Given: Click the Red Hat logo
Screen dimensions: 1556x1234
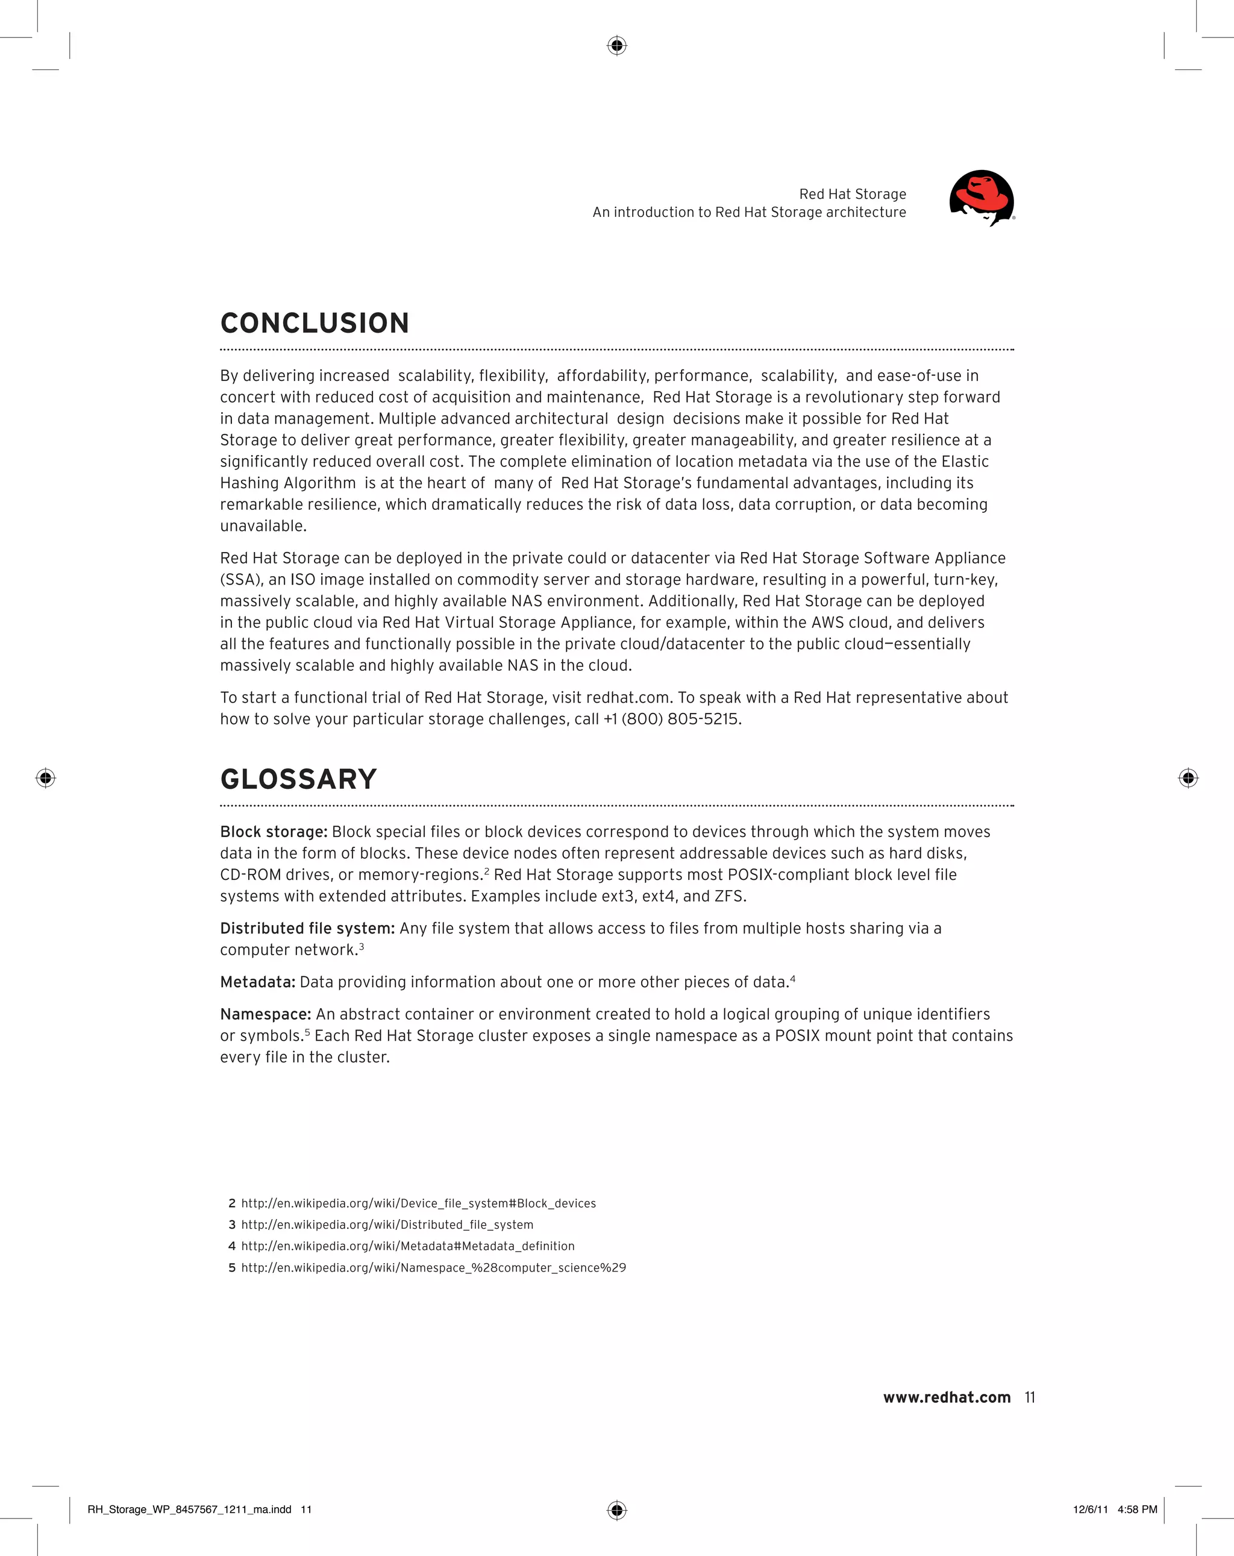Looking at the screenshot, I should [x=982, y=198].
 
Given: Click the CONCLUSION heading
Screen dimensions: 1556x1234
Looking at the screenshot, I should [x=315, y=324].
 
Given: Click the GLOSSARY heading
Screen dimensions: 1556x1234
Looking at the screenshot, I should [x=298, y=779].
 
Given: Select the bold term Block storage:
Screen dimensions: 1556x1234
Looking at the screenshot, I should [x=274, y=832].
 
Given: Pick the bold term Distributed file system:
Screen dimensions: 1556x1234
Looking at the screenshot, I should [x=307, y=928].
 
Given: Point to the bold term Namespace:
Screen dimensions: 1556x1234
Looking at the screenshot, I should [x=266, y=1014].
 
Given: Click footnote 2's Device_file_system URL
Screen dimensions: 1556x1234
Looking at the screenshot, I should [x=419, y=1203].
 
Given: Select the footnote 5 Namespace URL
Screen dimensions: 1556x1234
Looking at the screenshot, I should [x=433, y=1267].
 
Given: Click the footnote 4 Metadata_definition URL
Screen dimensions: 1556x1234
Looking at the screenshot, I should [x=408, y=1246].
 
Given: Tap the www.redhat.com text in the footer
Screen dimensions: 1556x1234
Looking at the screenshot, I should [x=946, y=1398].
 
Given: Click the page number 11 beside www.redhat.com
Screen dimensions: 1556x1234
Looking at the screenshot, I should [x=1030, y=1398].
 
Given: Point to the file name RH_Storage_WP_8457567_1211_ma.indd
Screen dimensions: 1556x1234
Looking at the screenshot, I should [x=189, y=1509].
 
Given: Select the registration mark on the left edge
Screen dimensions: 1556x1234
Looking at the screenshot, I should [x=45, y=778].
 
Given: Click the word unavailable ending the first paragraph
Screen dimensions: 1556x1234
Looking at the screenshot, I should [x=263, y=526].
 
